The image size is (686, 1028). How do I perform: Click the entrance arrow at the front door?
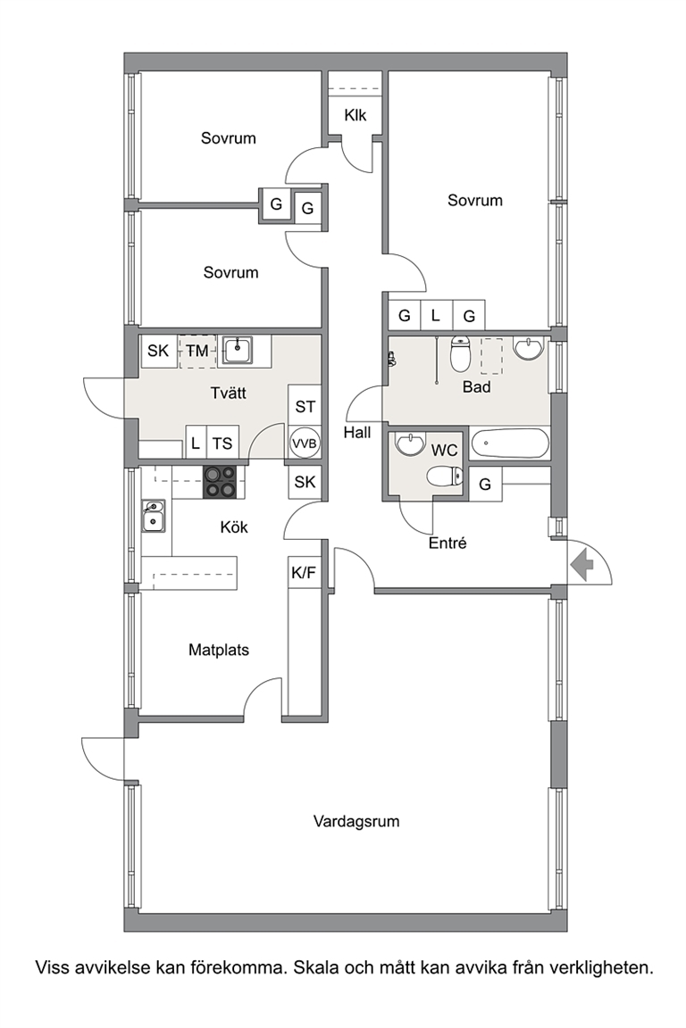[x=581, y=565]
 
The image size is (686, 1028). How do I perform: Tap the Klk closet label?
[x=356, y=115]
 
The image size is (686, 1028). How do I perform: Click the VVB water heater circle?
[x=305, y=444]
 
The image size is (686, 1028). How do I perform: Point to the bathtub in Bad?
[x=509, y=444]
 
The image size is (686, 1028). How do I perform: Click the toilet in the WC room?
[x=445, y=476]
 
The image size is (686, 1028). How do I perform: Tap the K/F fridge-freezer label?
[x=304, y=573]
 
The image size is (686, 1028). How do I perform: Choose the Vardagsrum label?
[x=356, y=822]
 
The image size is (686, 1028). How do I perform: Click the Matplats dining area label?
[x=219, y=651]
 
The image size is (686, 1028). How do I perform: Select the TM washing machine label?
[x=197, y=351]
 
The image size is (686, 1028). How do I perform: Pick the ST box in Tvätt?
[x=305, y=407]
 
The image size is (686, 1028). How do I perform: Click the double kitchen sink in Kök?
[x=154, y=516]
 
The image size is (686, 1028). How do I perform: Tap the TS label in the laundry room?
[x=222, y=444]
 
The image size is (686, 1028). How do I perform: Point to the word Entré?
[x=448, y=543]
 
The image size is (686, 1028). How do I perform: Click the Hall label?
[x=357, y=433]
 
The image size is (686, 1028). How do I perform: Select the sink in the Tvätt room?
[x=237, y=350]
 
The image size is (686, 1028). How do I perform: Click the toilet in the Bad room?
[x=460, y=354]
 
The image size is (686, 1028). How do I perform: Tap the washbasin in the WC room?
[x=411, y=444]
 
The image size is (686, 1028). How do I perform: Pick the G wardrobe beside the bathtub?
[x=485, y=485]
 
